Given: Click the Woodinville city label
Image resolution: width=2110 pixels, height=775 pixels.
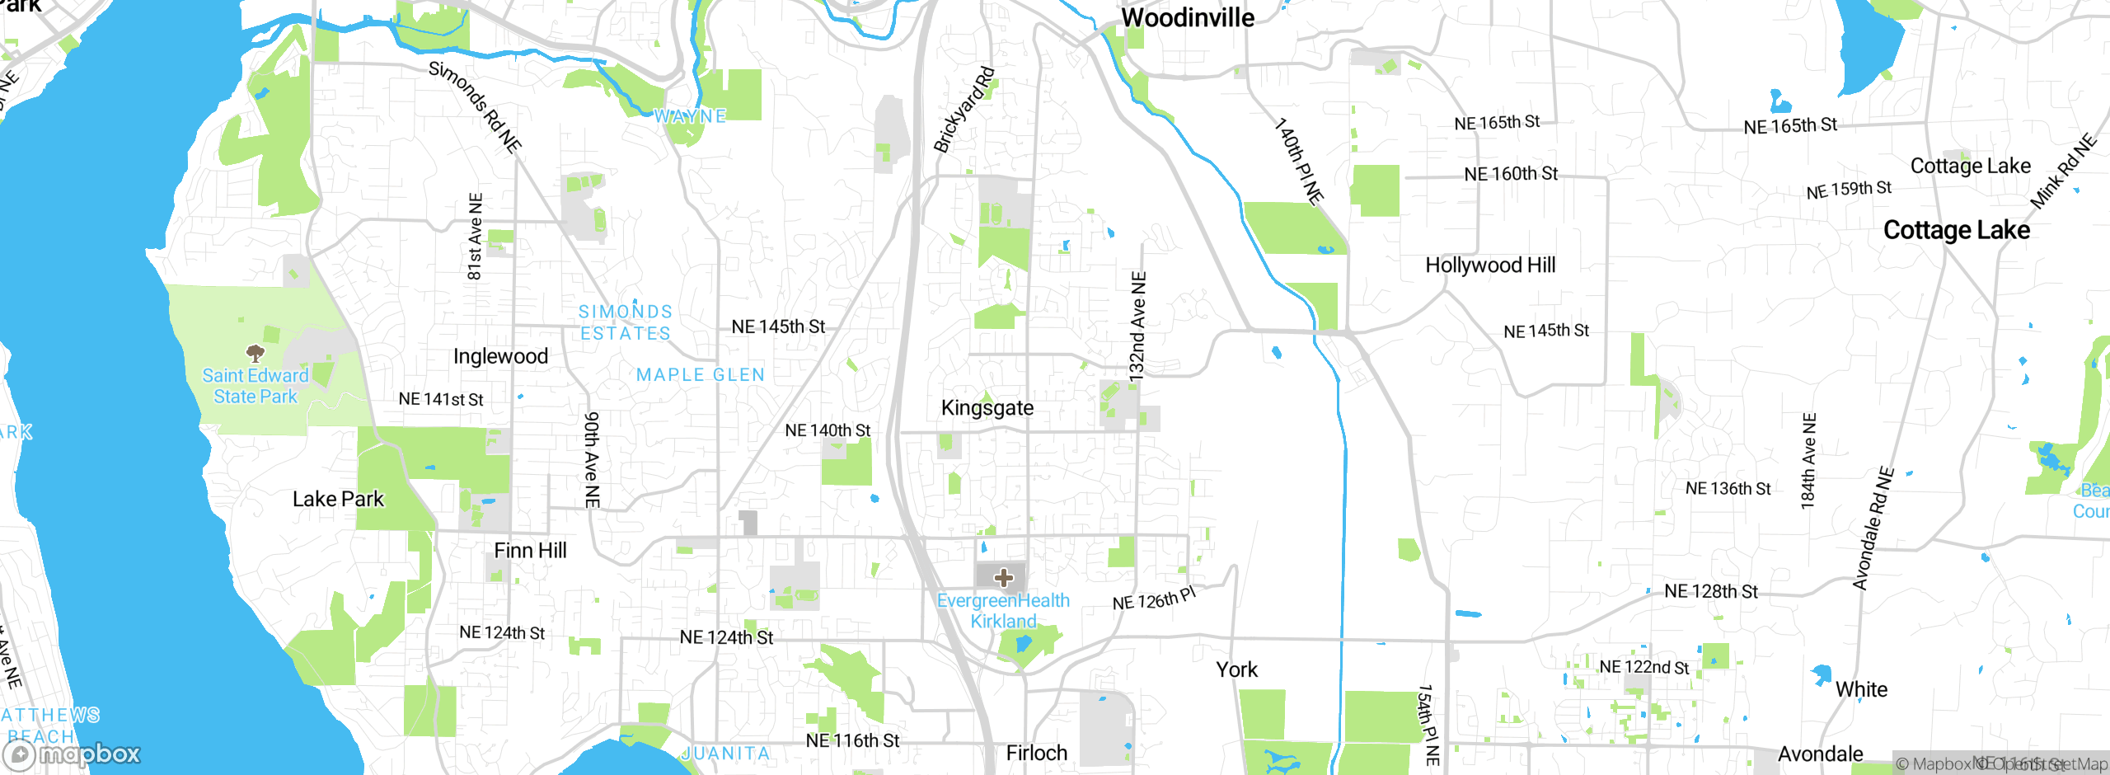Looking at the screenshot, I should [1187, 18].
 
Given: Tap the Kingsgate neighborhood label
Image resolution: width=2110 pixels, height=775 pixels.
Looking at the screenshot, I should [987, 408].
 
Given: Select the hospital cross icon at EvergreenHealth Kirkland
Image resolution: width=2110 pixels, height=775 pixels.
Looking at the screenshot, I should [1003, 577].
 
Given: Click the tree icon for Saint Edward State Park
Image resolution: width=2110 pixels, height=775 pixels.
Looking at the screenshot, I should [256, 354].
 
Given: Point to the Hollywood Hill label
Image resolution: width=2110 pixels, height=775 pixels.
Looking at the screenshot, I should [1490, 265].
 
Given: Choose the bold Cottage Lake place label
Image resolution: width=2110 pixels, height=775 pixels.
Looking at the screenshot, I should [1956, 230].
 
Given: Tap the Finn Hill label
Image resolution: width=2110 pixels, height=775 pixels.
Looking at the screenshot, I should [530, 551].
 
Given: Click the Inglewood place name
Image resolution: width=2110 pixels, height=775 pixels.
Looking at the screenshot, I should [500, 356].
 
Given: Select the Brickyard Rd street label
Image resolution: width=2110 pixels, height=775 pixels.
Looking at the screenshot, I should [964, 110].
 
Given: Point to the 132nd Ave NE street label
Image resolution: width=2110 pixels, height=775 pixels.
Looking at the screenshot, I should [1137, 326].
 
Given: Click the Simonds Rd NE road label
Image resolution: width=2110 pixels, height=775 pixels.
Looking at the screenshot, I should [475, 107].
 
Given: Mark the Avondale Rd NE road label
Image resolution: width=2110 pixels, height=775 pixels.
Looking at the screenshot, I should [1873, 528].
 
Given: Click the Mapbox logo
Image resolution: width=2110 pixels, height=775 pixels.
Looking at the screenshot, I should [73, 754].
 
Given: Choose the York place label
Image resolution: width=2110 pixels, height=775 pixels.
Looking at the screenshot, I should [1236, 669].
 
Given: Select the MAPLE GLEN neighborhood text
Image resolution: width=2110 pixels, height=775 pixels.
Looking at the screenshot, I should [700, 375].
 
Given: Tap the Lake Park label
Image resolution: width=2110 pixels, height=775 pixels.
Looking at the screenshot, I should [338, 500].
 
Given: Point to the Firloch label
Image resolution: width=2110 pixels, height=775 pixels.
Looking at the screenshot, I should [1036, 753].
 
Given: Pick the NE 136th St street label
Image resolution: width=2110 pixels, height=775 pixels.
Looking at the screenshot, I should [1728, 489].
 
